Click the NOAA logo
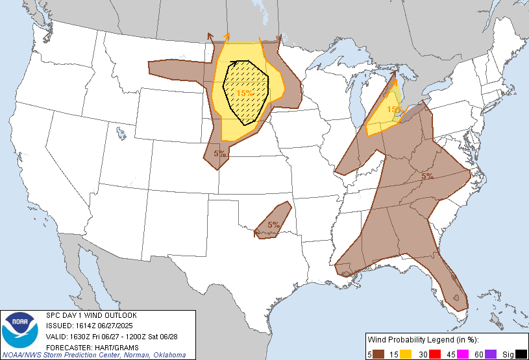point(20,330)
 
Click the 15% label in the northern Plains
point(245,93)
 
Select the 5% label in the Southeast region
point(427,176)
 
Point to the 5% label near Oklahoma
point(273,225)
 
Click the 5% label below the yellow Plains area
point(220,154)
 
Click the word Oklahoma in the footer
point(167,355)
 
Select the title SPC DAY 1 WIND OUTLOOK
point(91,315)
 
